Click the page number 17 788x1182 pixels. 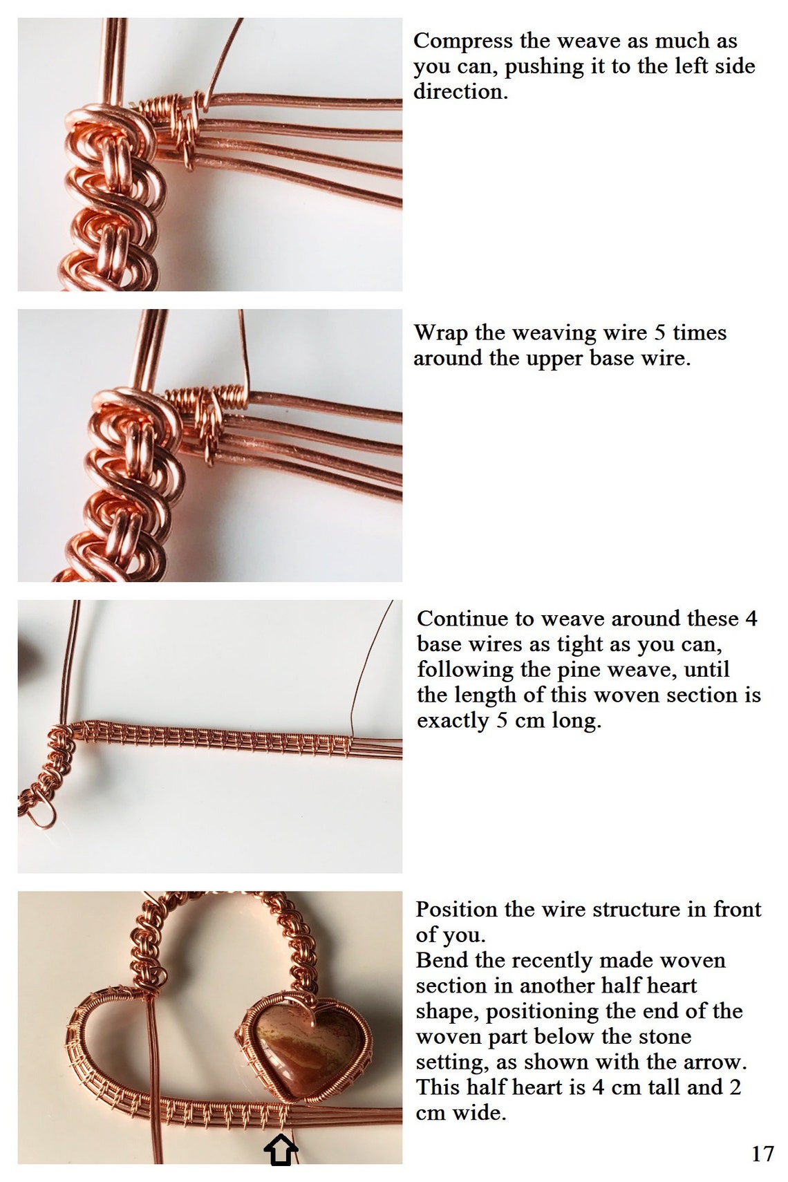click(762, 1153)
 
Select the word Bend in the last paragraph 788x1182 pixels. click(440, 960)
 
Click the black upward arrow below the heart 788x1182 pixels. click(281, 1151)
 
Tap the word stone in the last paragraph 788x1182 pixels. click(664, 1036)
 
